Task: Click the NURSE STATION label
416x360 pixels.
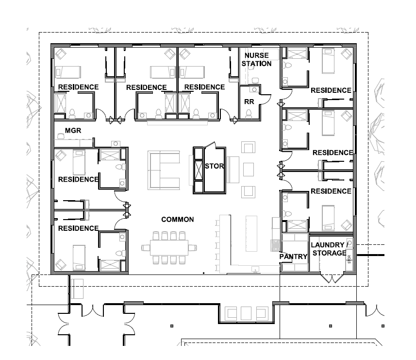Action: coord(256,59)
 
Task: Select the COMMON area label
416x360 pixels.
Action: coord(178,220)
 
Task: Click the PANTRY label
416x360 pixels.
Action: coord(294,256)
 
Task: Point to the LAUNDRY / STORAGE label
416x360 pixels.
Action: coord(329,249)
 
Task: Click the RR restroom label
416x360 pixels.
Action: coord(249,102)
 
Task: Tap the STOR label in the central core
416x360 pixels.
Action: coord(214,166)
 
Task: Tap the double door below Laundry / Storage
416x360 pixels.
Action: coord(333,278)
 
